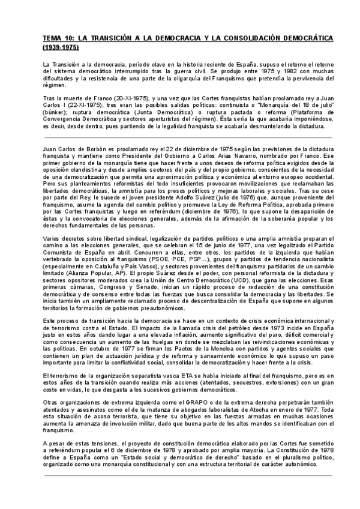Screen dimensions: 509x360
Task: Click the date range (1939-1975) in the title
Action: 60,46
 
